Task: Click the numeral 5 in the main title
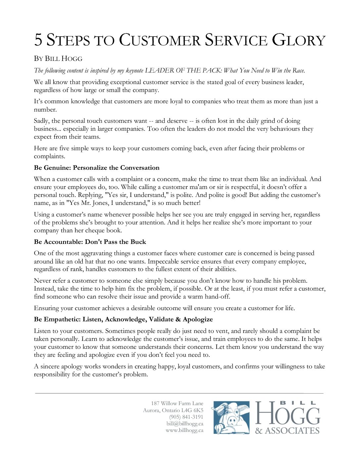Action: pyautogui.click(x=39, y=40)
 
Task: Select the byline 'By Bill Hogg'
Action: pyautogui.click(x=58, y=59)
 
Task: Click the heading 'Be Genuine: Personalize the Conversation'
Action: pyautogui.click(x=97, y=168)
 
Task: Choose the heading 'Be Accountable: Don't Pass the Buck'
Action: pyautogui.click(x=90, y=242)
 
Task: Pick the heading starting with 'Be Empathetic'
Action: pyautogui.click(x=123, y=319)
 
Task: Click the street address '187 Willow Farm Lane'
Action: pyautogui.click(x=177, y=403)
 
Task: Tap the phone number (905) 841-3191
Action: pyautogui.click(x=186, y=417)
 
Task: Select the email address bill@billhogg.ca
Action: pyautogui.click(x=185, y=424)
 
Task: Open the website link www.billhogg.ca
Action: pyautogui.click(x=185, y=431)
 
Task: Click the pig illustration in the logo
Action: pyautogui.click(x=231, y=418)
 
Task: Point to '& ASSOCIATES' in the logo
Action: pyautogui.click(x=287, y=431)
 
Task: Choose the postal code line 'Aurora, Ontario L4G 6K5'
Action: pyautogui.click(x=173, y=410)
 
